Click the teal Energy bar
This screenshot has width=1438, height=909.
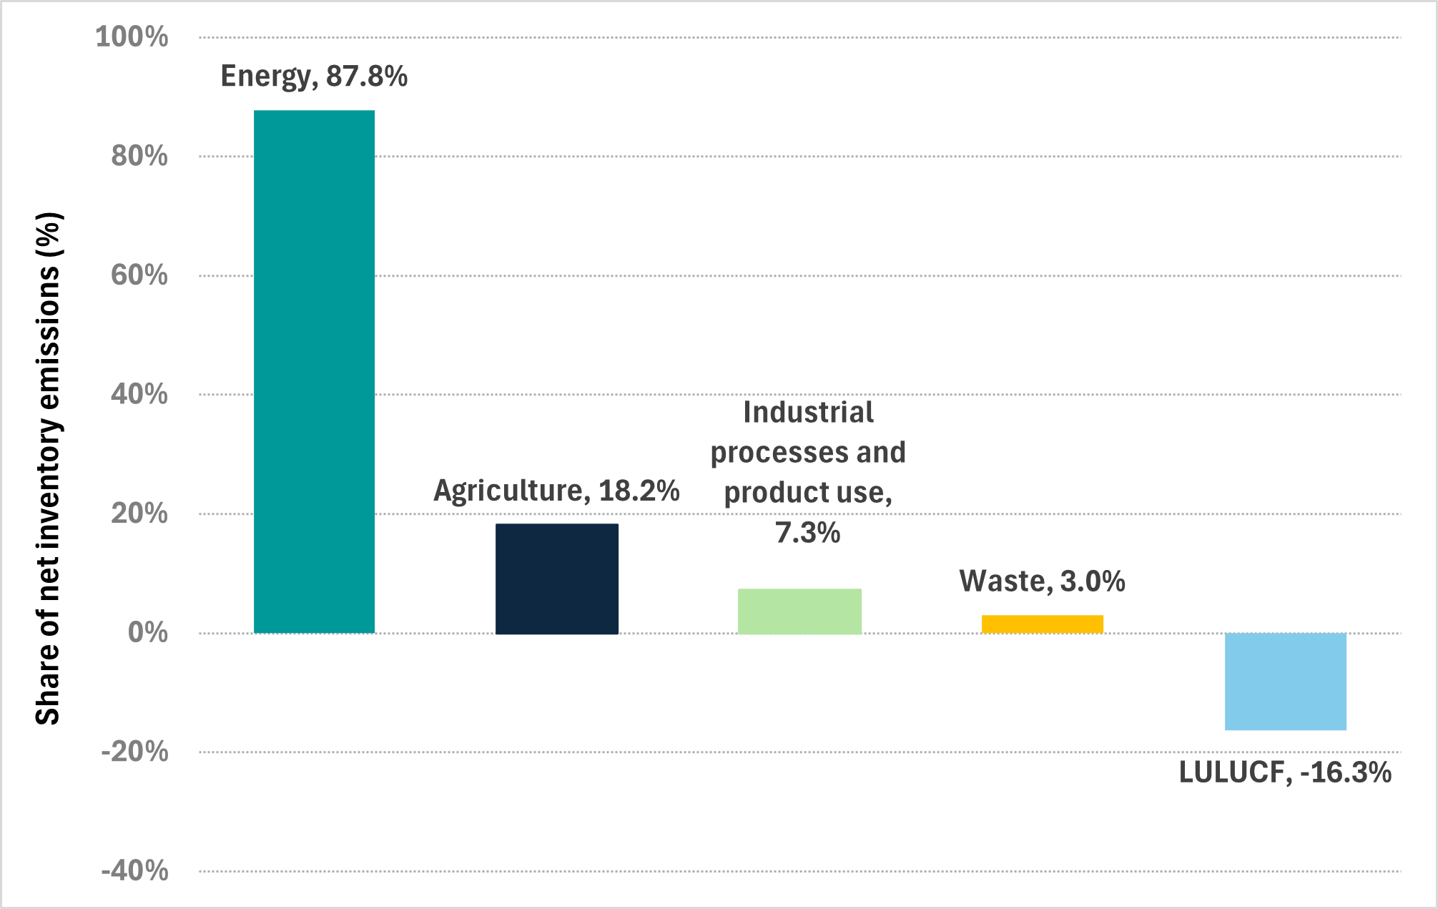point(314,372)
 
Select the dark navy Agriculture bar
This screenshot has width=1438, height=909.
point(556,579)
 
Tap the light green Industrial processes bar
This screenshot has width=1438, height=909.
point(799,611)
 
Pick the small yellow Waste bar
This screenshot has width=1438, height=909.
point(1042,624)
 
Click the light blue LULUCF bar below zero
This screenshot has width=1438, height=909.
point(1285,681)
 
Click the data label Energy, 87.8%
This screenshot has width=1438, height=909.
point(314,76)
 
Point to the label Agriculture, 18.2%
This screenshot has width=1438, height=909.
point(556,491)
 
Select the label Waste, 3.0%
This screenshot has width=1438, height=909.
point(1042,581)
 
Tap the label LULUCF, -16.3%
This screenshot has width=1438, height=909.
point(1285,772)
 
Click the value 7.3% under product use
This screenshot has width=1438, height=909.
point(807,533)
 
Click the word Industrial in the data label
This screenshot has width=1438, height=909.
point(808,413)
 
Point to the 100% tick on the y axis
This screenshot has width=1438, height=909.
point(132,37)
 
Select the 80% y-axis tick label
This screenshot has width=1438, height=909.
point(139,156)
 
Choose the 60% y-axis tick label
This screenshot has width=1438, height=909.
point(139,275)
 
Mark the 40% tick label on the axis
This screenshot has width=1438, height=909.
point(139,394)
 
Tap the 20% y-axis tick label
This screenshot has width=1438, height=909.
point(139,514)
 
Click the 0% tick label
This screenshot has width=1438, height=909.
point(148,633)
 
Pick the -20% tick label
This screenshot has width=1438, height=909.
point(135,752)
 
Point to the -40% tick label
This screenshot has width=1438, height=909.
point(135,871)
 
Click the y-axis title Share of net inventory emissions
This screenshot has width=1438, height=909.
point(49,468)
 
